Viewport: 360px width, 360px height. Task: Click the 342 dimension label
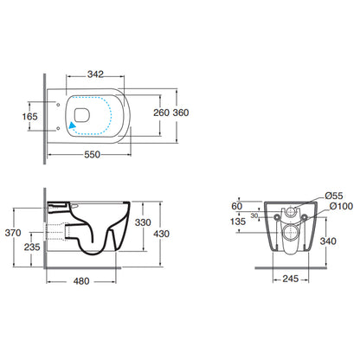(x=95, y=74)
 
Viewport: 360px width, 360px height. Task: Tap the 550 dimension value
(x=93, y=155)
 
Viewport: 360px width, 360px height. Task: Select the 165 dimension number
(x=30, y=117)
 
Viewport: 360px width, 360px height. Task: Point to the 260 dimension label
(x=161, y=112)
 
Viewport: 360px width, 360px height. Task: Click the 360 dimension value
(x=181, y=112)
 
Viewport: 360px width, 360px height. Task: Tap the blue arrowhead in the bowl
(x=72, y=125)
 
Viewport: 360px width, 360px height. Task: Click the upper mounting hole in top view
(x=58, y=105)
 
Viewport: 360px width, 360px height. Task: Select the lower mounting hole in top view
(x=58, y=128)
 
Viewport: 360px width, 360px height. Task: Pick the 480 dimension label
(x=81, y=281)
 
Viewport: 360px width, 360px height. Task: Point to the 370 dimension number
(x=13, y=233)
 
